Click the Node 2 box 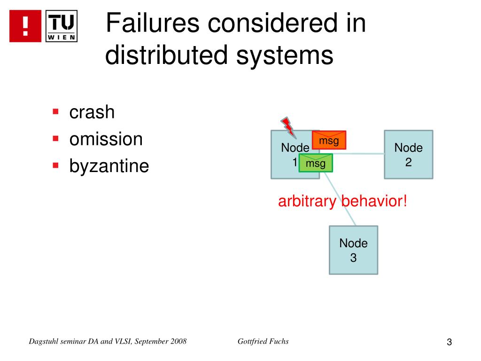coord(408,155)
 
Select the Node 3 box coord(353,250)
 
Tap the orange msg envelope coord(329,140)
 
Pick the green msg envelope coord(315,163)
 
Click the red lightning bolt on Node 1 coord(287,126)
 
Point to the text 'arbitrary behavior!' coord(342,202)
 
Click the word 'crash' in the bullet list coord(92,112)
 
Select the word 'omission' coord(106,139)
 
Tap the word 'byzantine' coord(109,166)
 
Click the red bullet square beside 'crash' coord(55,112)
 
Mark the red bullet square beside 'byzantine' coord(55,165)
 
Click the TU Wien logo coord(62,26)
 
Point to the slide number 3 coord(449,342)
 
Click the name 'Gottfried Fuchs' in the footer coord(263,341)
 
